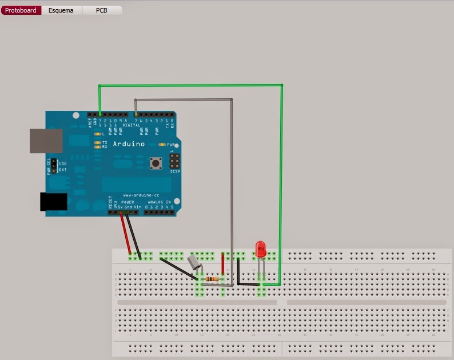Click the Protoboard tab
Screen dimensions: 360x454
21,10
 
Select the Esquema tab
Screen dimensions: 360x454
61,10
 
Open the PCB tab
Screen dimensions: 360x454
101,10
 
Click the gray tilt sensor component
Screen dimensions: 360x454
194,262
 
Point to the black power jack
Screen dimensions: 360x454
53,202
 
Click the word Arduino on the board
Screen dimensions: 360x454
129,144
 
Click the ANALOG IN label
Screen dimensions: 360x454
160,202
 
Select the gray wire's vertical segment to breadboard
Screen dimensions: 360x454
232,189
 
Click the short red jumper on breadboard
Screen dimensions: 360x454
222,265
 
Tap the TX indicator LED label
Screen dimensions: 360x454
105,142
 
